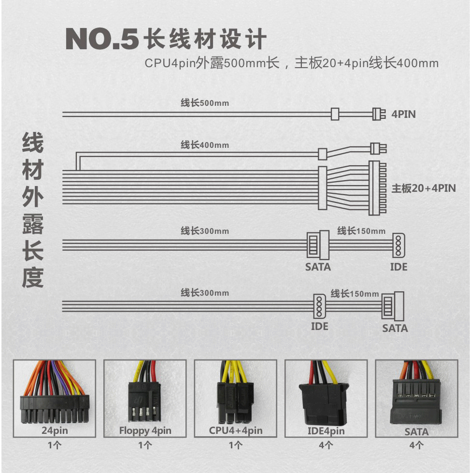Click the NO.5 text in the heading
pos(102,39)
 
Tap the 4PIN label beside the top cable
pos(404,115)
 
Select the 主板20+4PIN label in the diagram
pos(423,188)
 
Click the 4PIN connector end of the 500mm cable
pos(379,114)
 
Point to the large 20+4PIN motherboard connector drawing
pos(377,188)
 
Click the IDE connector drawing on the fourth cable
pos(318,305)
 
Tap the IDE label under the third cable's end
pos(399,267)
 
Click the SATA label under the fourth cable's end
pos(395,329)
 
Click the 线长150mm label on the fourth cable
pos(355,294)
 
